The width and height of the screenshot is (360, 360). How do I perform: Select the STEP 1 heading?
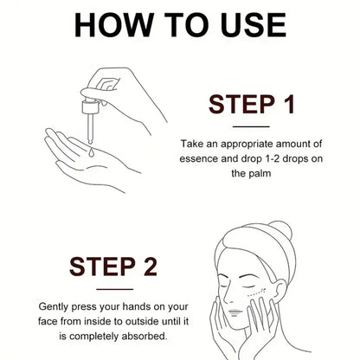[251, 105]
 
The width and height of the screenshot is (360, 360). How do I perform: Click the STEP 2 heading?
[113, 267]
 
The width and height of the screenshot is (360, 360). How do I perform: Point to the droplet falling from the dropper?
[91, 152]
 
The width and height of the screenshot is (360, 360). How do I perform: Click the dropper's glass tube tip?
[90, 142]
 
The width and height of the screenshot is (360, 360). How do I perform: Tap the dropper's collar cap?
[91, 107]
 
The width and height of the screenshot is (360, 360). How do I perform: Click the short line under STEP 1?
[251, 126]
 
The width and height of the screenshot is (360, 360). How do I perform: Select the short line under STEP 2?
[114, 289]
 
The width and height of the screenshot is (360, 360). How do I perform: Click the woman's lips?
[235, 312]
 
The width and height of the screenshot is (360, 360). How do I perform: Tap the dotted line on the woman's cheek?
[258, 292]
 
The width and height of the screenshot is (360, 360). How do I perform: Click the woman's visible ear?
[278, 291]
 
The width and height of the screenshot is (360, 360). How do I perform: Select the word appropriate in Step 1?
[246, 145]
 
